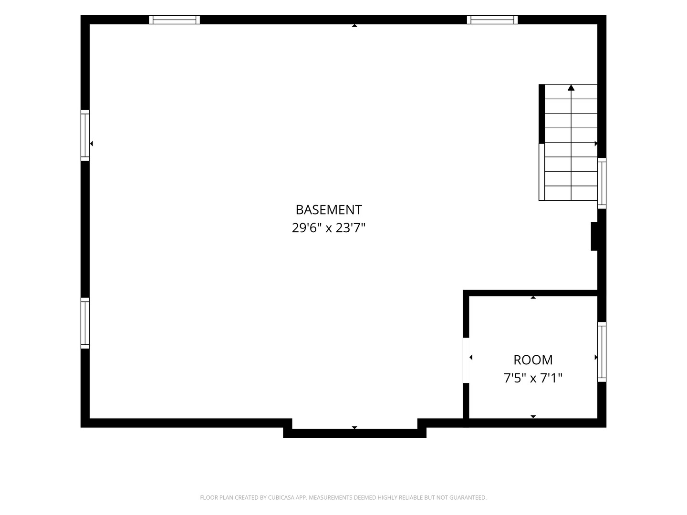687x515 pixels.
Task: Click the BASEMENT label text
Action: pos(329,210)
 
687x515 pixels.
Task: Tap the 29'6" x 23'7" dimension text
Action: pos(329,228)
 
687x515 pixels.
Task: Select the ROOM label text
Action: pos(533,360)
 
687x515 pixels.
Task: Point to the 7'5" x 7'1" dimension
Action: pos(533,378)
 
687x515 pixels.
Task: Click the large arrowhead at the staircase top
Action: pos(571,88)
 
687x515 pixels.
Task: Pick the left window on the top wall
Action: pos(174,20)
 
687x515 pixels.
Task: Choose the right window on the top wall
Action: pos(492,20)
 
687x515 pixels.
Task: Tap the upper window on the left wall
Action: pos(85,135)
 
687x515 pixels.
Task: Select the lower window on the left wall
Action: pos(85,323)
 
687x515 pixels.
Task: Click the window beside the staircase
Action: pos(602,183)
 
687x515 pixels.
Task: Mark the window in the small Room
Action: pos(602,352)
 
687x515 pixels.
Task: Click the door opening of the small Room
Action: pos(466,360)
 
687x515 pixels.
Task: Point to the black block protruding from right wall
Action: pos(594,237)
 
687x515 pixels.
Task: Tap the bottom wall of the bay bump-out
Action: pos(354,433)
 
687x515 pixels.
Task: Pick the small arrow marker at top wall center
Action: pos(354,26)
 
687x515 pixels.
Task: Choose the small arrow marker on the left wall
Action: pos(92,144)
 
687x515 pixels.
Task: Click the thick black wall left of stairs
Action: pos(542,114)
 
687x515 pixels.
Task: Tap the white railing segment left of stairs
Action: pos(542,172)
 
